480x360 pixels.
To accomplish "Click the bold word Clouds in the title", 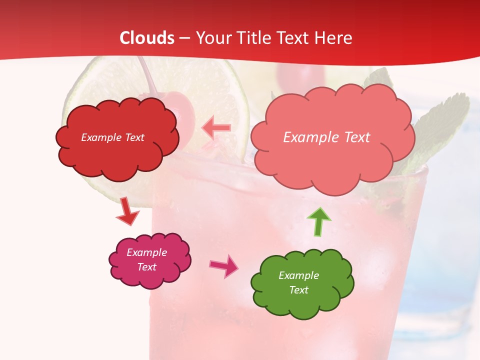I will tap(147, 38).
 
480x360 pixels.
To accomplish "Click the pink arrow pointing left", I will tap(216, 128).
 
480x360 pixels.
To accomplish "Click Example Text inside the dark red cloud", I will tap(112, 137).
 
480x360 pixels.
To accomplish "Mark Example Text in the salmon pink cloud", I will tap(326, 137).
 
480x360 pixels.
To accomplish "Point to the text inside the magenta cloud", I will tap(147, 259).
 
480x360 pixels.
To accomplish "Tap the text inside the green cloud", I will tap(298, 282).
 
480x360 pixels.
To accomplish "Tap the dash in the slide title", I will tap(185, 38).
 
